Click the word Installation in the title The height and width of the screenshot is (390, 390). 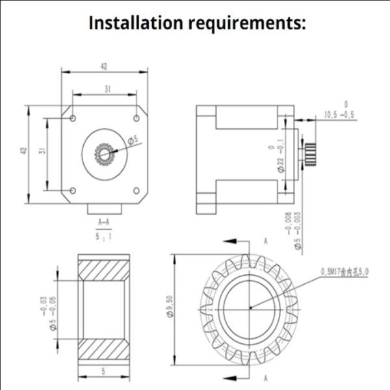[136, 23]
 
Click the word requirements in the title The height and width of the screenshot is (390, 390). [247, 23]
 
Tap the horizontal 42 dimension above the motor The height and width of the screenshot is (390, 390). [104, 66]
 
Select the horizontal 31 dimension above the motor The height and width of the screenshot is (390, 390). [105, 88]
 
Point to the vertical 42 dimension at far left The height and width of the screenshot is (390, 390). [23, 150]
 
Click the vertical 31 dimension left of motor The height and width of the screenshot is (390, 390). [42, 150]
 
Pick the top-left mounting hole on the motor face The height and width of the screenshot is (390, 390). [73, 118]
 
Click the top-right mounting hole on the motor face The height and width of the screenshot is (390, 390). [136, 118]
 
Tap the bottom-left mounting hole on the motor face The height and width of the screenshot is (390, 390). [73, 190]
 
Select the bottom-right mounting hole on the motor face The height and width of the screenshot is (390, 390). [136, 190]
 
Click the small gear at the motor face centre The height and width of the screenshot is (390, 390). [104, 154]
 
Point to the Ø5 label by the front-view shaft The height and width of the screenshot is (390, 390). [133, 140]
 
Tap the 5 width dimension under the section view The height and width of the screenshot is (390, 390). [104, 372]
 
